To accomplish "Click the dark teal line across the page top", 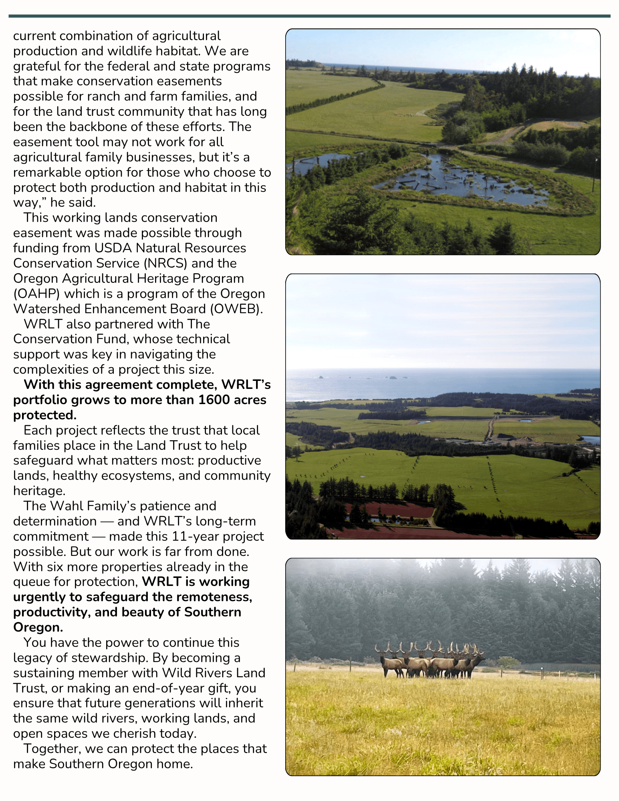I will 309,16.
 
